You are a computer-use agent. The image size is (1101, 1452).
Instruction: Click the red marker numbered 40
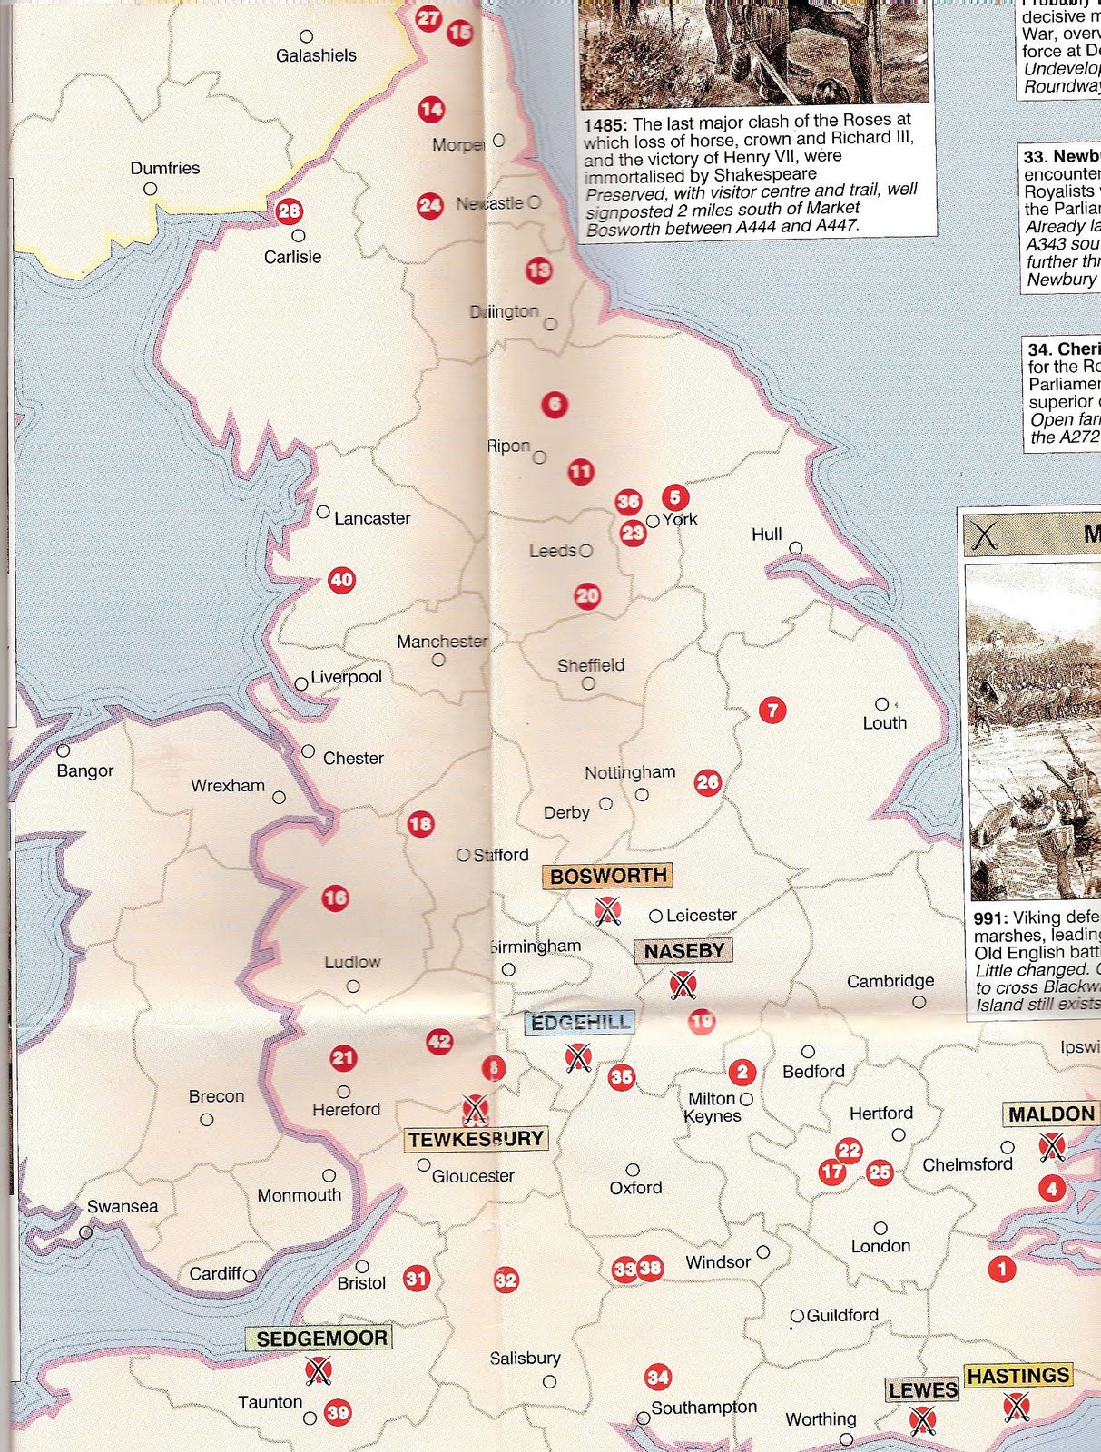341,580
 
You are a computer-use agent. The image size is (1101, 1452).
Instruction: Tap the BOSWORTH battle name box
608,876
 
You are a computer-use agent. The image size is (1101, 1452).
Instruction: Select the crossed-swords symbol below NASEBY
683,984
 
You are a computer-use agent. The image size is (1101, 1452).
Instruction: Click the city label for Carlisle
292,257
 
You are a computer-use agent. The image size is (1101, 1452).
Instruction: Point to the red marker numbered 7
772,710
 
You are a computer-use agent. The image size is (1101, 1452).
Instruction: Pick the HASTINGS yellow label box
1017,1376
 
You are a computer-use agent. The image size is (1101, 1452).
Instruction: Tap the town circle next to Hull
796,548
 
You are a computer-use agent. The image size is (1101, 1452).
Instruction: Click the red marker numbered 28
289,211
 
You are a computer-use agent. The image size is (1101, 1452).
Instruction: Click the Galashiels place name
316,55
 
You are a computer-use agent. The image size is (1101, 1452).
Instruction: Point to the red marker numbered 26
707,782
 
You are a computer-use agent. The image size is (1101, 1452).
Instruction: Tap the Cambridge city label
890,981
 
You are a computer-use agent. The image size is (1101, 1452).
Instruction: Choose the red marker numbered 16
335,898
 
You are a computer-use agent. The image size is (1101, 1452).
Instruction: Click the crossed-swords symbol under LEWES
922,1419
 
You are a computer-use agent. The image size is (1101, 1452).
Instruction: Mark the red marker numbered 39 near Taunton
338,1413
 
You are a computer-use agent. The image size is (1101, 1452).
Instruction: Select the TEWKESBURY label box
476,1139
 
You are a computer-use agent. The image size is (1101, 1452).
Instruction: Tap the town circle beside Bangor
64,751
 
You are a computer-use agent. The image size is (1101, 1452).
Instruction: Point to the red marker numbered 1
1002,1269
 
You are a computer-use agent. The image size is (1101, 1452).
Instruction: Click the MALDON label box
1051,1114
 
